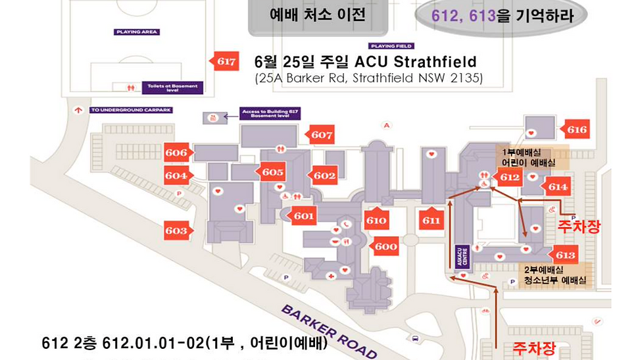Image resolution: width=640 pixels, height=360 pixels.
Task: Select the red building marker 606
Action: [x=176, y=153]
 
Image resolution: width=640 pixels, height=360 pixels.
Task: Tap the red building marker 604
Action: [x=176, y=176]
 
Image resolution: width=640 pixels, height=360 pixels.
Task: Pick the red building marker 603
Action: [x=176, y=230]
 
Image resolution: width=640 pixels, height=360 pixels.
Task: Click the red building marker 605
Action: [x=272, y=172]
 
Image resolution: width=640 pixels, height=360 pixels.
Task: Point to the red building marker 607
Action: [x=322, y=135]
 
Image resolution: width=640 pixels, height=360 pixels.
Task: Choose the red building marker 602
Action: [x=324, y=176]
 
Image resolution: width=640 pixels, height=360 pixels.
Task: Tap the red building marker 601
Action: [x=303, y=215]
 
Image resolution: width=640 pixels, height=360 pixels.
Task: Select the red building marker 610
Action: [x=376, y=220]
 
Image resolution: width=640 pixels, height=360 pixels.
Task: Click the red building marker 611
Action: [x=431, y=220]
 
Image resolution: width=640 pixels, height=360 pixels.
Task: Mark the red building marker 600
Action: [x=385, y=247]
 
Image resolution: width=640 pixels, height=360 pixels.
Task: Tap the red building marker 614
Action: [x=557, y=187]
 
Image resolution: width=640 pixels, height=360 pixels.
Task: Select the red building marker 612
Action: [x=509, y=177]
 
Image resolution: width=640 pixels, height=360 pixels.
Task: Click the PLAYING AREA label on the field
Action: [x=137, y=32]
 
